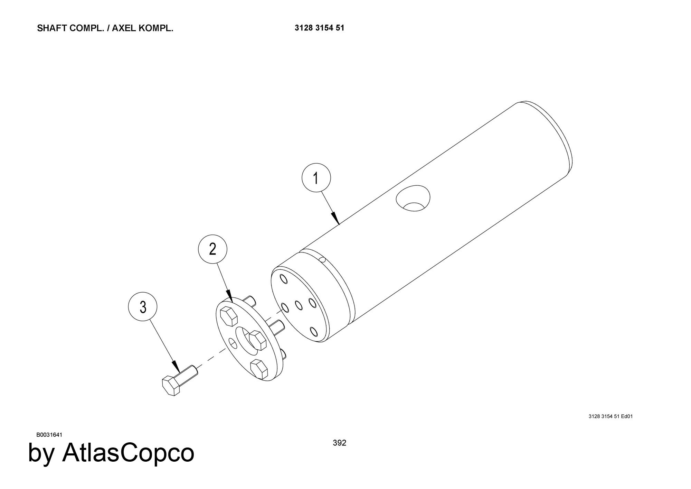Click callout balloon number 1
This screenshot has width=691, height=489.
tap(316, 178)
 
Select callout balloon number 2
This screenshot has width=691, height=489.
tap(212, 249)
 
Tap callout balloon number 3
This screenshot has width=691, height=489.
tap(143, 307)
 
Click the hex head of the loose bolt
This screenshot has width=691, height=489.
tap(171, 386)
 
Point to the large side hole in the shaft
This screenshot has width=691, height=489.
tap(413, 198)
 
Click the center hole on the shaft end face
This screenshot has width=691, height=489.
tap(299, 305)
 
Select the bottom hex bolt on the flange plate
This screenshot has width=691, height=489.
tap(259, 369)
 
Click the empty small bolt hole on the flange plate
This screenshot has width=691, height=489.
tap(233, 343)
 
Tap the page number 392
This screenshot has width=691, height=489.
tap(339, 443)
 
